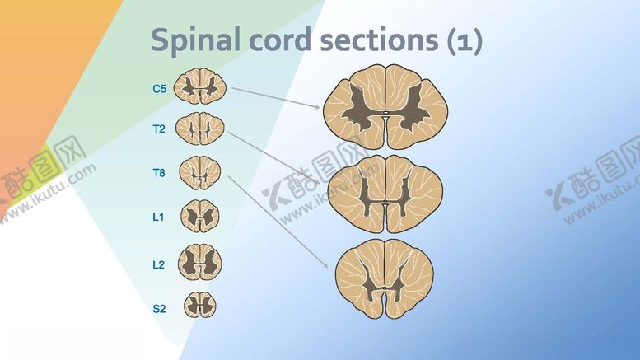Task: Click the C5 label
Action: pyautogui.click(x=159, y=86)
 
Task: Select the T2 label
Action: pyautogui.click(x=159, y=129)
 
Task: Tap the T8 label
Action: pyautogui.click(x=159, y=173)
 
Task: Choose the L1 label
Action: pyautogui.click(x=159, y=217)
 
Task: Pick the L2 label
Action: pyautogui.click(x=159, y=264)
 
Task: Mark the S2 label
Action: pyautogui.click(x=159, y=309)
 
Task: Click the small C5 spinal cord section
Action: pyautogui.click(x=200, y=85)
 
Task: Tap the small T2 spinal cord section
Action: pyautogui.click(x=200, y=128)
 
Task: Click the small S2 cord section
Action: pyautogui.click(x=200, y=305)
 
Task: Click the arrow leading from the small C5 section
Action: pyautogui.click(x=276, y=97)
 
